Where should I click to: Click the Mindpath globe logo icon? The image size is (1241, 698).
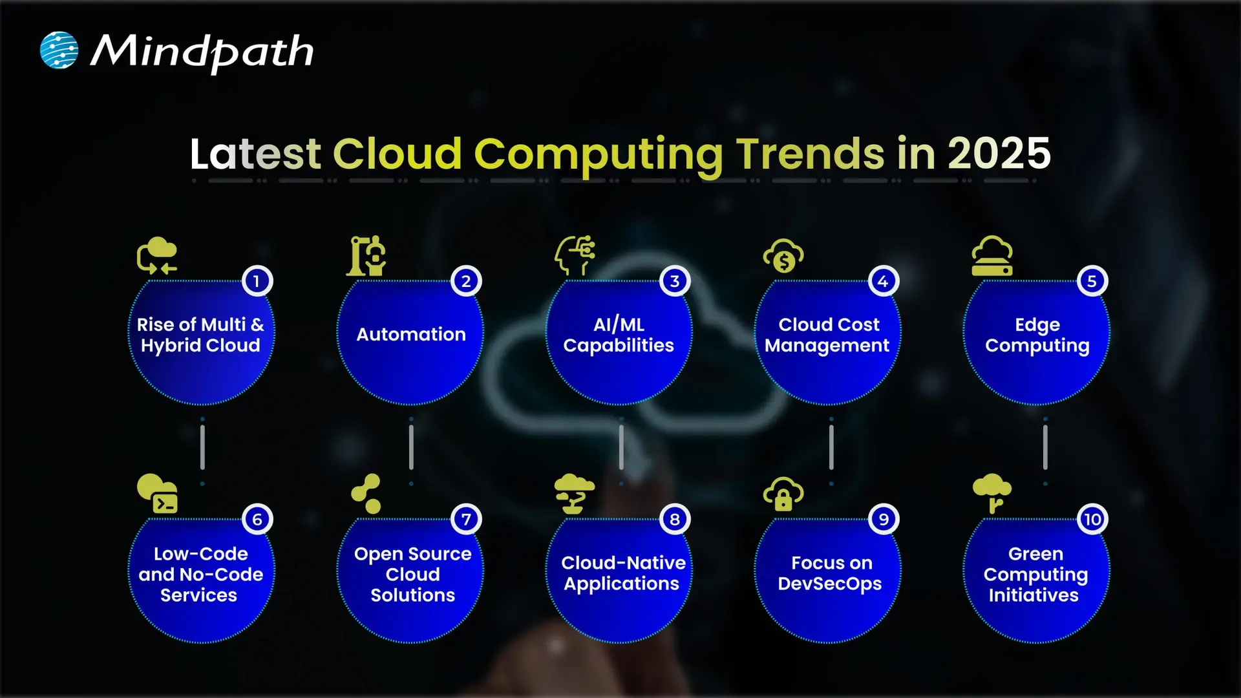[x=59, y=50]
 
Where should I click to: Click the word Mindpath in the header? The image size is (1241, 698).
[x=202, y=52]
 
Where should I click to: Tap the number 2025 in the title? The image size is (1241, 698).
[x=999, y=154]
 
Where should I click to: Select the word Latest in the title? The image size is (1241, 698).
[x=255, y=154]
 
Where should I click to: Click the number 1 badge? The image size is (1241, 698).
[x=257, y=281]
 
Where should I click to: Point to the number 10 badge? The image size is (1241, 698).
[x=1092, y=519]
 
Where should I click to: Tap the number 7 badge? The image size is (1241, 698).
[x=466, y=519]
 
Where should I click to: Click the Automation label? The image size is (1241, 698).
[x=411, y=334]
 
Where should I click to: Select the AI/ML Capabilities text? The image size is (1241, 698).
[x=619, y=335]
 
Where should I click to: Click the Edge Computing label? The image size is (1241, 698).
[x=1037, y=335]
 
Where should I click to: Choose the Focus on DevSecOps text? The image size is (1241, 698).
[x=830, y=573]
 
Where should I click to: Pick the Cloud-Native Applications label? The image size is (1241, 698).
[x=622, y=573]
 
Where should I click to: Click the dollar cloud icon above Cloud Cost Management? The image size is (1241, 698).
[x=783, y=256]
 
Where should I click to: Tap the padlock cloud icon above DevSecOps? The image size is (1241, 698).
[x=783, y=494]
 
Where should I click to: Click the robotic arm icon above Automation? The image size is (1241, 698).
[x=366, y=256]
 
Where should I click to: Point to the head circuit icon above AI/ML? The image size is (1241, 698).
[x=575, y=255]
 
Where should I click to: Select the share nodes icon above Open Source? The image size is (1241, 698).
[x=366, y=494]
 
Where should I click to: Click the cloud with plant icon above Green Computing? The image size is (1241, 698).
[x=992, y=492]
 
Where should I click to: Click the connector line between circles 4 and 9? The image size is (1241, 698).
[x=831, y=447]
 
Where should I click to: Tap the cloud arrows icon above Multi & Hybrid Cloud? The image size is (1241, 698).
[x=157, y=256]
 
